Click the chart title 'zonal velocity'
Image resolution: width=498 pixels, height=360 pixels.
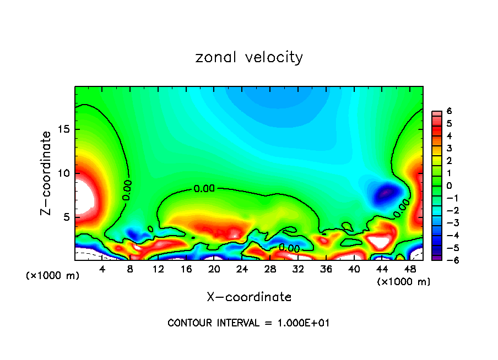(x=249, y=57)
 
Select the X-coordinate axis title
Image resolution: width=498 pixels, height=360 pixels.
(x=249, y=297)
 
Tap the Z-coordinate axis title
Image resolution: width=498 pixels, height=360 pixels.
(x=46, y=173)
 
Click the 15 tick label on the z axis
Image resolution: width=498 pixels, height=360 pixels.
(x=64, y=130)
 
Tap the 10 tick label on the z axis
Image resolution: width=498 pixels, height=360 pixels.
(x=64, y=173)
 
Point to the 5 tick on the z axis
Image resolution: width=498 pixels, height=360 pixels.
(x=68, y=217)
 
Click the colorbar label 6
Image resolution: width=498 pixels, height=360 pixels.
(x=449, y=111)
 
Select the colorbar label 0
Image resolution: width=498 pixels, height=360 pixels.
(x=449, y=186)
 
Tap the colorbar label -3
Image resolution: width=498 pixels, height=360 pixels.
(x=447, y=222)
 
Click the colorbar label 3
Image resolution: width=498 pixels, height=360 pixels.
(x=449, y=148)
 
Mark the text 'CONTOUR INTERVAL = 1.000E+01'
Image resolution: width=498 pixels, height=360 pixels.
(x=248, y=323)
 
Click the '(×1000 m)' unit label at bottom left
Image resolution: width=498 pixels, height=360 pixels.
(x=53, y=276)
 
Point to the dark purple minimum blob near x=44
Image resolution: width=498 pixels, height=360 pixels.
(x=386, y=193)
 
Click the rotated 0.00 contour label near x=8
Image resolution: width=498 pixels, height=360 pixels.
(x=127, y=190)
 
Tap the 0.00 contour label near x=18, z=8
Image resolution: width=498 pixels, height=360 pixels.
(x=203, y=189)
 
